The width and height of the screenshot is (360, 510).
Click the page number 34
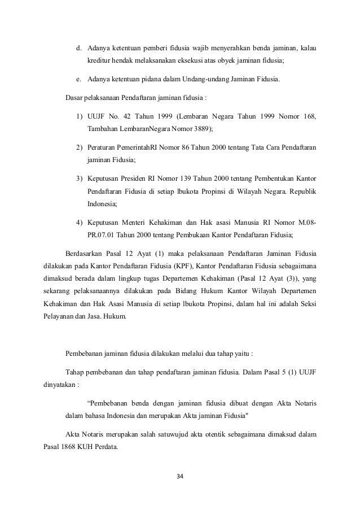(180, 475)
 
